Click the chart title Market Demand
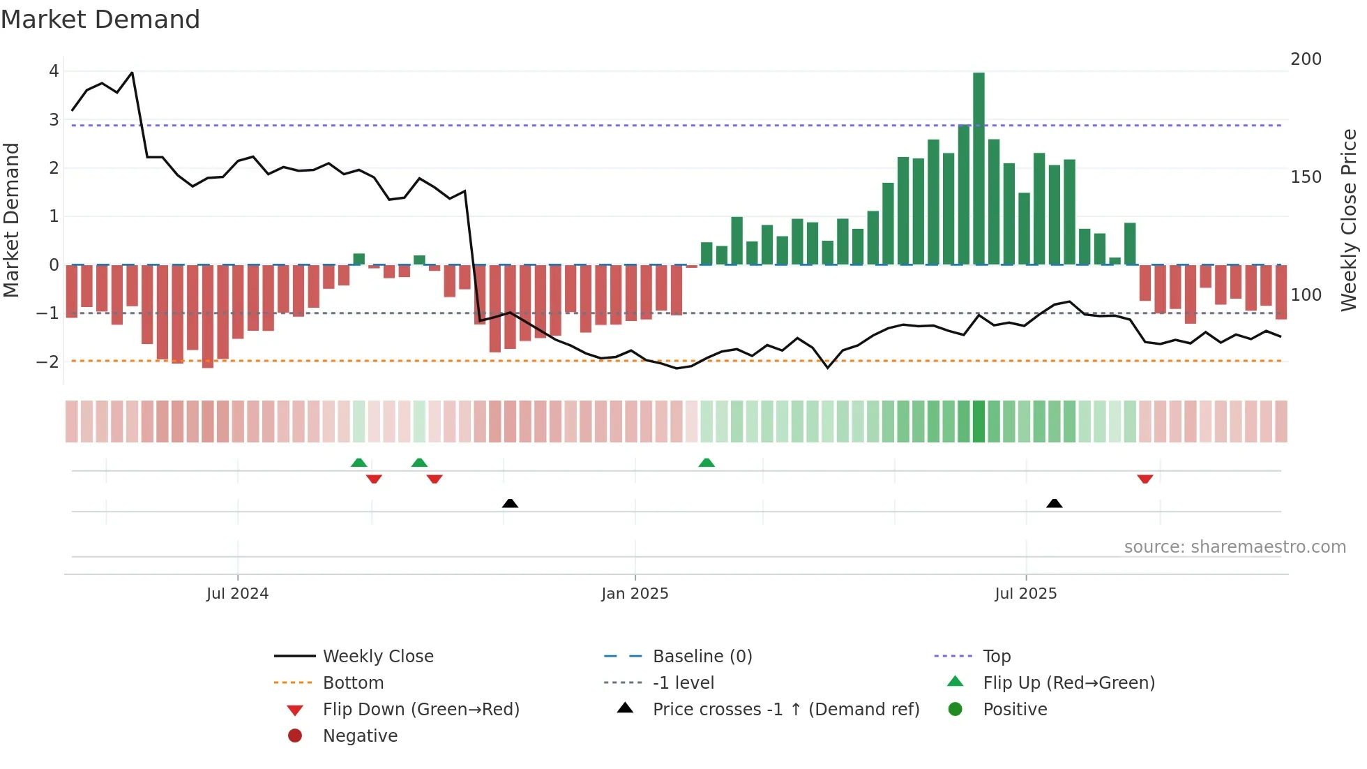coord(100,20)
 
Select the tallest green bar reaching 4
coord(979,167)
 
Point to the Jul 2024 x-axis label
coord(237,594)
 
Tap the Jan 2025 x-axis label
coord(635,594)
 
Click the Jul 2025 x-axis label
coord(1025,594)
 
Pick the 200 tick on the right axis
coord(1306,59)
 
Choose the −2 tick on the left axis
coord(48,361)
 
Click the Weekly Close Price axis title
coord(1349,220)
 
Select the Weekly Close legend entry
coord(377,657)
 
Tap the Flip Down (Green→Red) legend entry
coord(421,710)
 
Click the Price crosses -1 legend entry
coord(785,710)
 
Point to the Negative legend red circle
coord(295,736)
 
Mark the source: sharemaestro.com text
coord(1234,547)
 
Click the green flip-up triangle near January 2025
coord(707,463)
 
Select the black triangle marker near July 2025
coord(1055,503)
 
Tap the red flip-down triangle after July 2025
coord(1145,479)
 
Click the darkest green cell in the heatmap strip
coord(979,421)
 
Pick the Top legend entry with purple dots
coord(996,657)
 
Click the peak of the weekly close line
coord(132,73)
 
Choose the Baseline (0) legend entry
coord(702,657)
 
